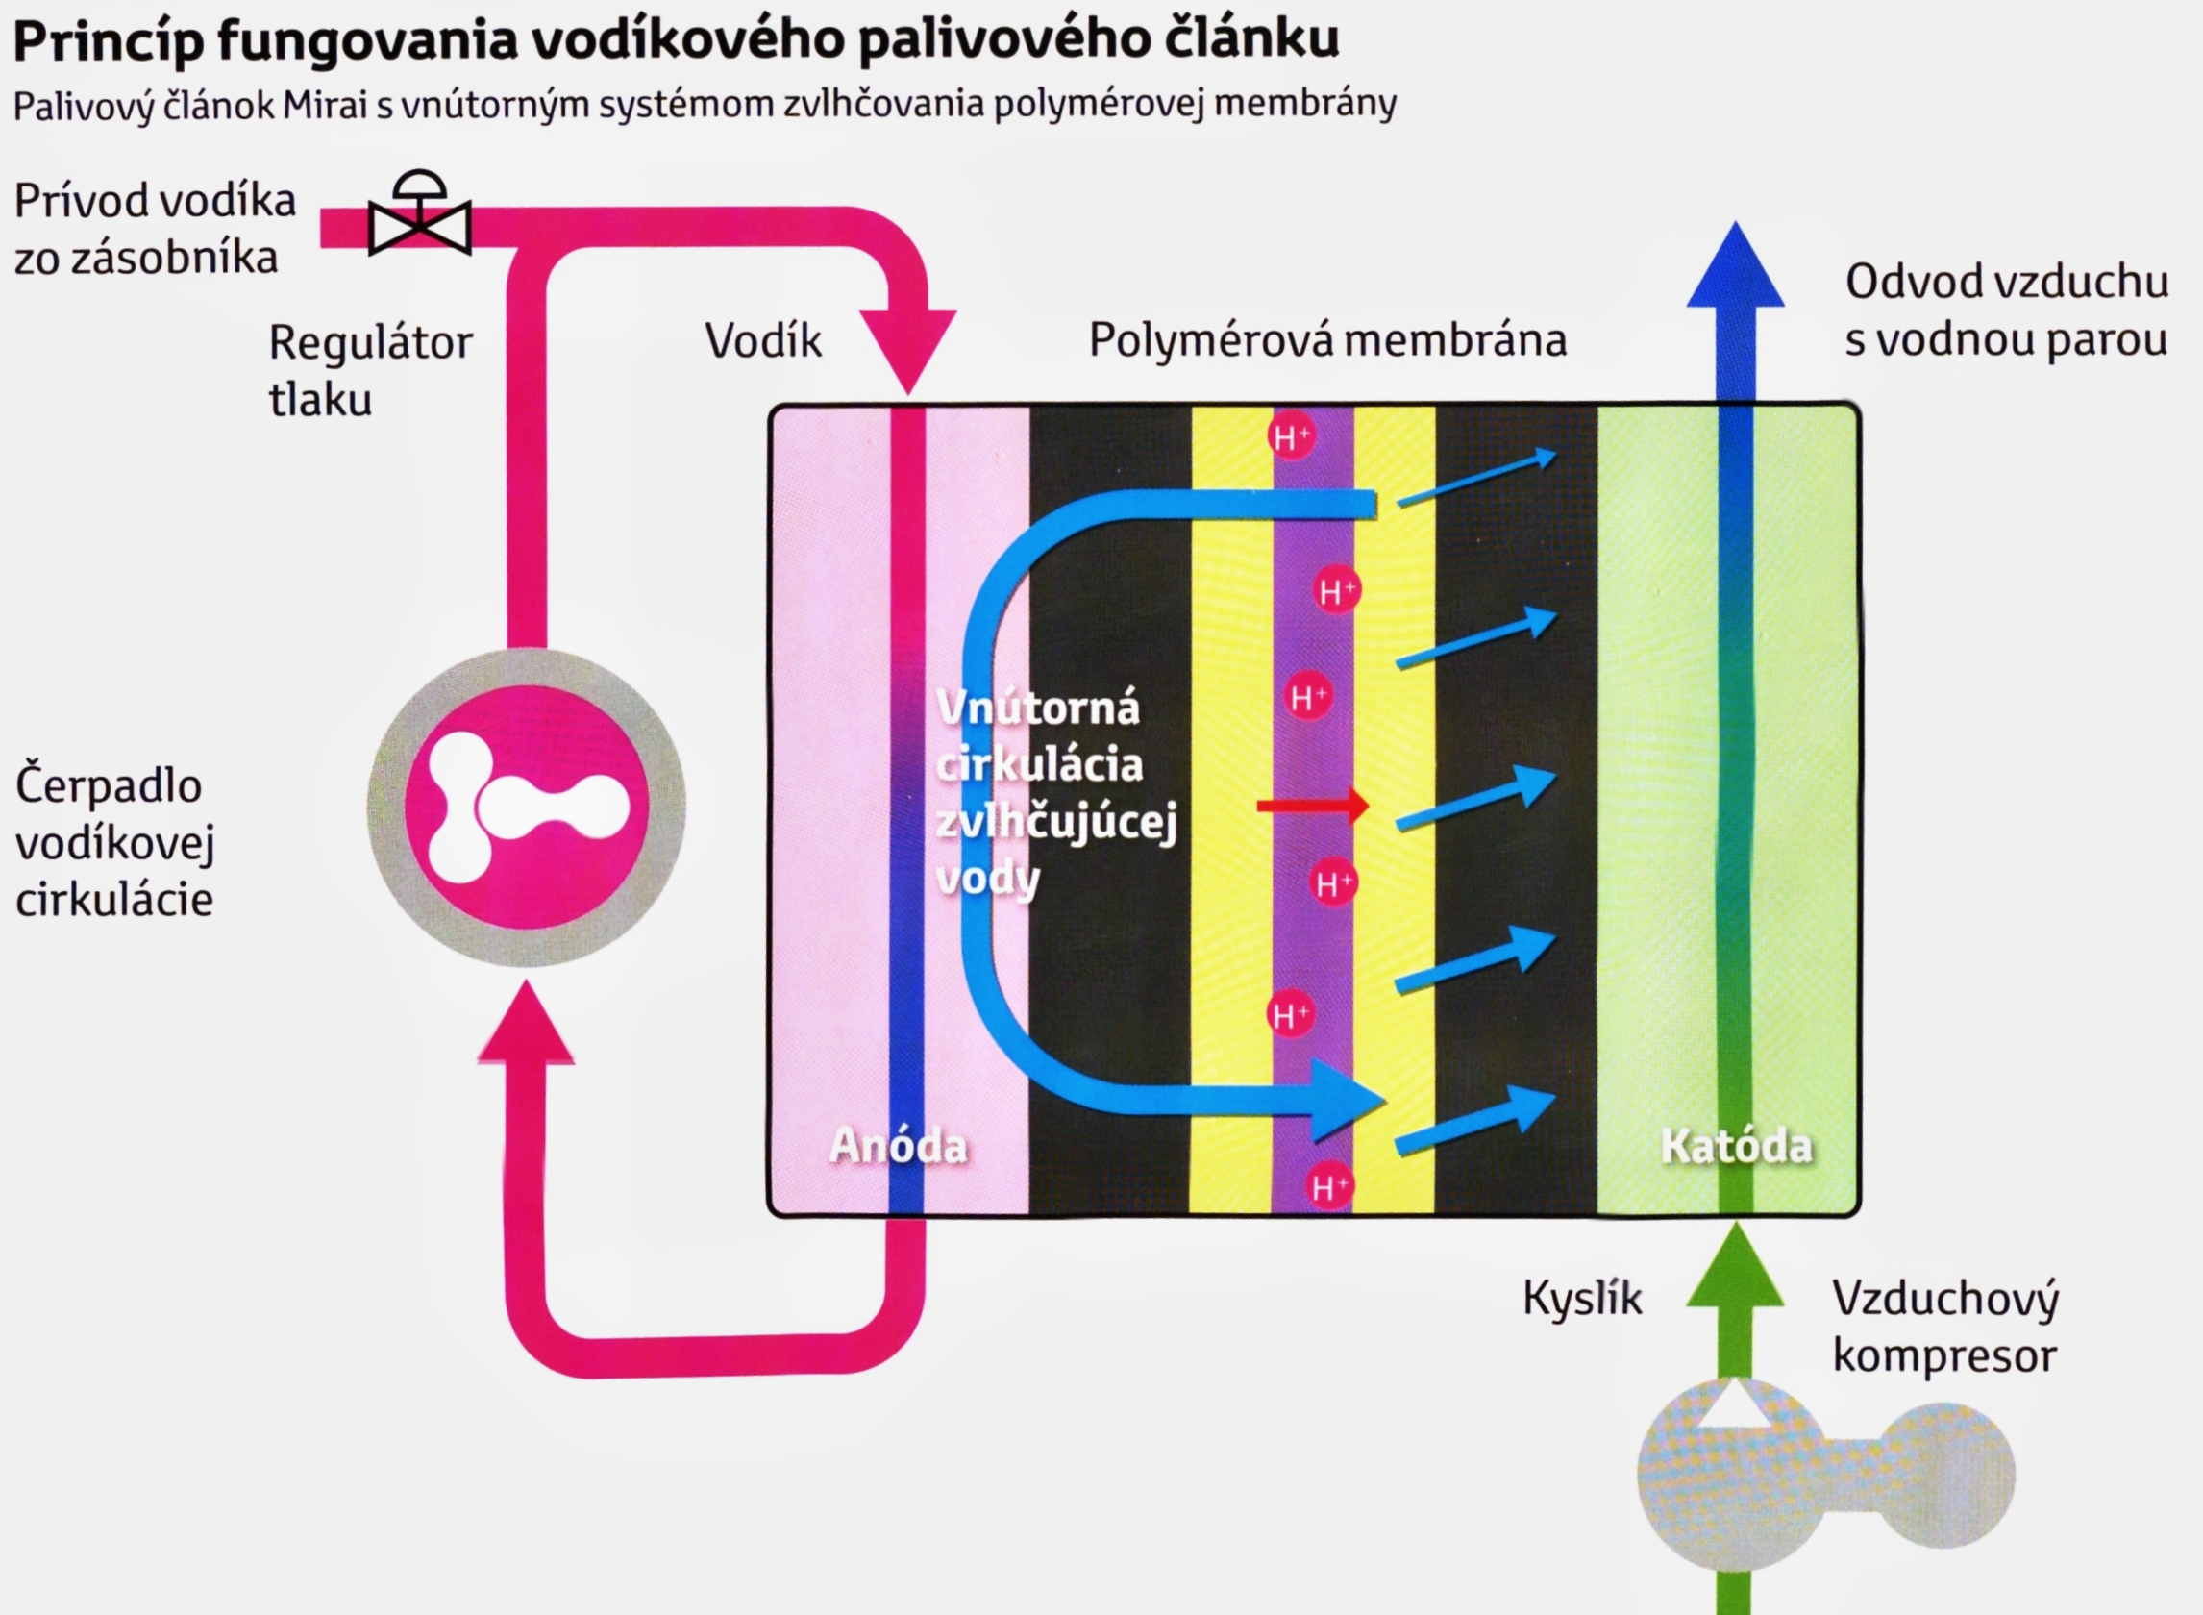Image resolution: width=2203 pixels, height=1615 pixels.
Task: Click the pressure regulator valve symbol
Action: (419, 218)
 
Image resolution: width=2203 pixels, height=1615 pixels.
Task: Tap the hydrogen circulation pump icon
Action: (526, 807)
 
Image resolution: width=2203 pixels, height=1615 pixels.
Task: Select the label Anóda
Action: (898, 1146)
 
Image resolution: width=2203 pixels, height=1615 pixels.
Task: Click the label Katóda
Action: (1736, 1146)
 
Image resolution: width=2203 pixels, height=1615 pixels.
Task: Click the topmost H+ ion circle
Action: (1290, 436)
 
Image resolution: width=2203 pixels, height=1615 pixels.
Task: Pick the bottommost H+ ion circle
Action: (1329, 1187)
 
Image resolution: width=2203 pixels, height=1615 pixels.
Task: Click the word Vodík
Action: (763, 341)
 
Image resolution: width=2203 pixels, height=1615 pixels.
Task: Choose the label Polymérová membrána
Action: (1327, 340)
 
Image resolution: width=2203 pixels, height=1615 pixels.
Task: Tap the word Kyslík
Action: (1582, 1299)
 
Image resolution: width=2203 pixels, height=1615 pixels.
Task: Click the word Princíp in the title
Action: (108, 41)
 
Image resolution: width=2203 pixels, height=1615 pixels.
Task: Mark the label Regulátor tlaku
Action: (369, 370)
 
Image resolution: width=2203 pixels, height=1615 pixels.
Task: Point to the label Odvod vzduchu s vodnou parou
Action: (2006, 310)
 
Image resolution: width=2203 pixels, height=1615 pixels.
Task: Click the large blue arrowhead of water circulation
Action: (1347, 1100)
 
